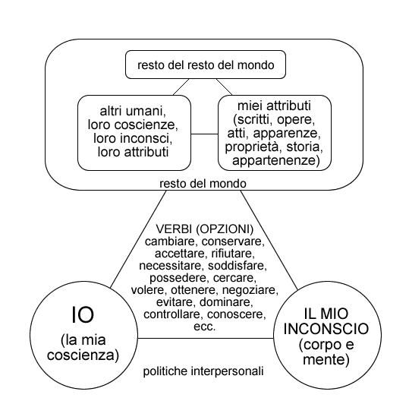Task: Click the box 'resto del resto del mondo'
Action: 206,65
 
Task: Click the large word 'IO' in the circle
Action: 83,315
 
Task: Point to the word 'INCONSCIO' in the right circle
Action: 326,329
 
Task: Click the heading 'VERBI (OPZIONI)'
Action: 205,229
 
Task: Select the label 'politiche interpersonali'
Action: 203,371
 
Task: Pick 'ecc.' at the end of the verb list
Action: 205,327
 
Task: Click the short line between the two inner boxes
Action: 205,134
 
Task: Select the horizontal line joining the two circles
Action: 206,339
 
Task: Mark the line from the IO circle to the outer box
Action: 138,239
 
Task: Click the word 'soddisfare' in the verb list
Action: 236,266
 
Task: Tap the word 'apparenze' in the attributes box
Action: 285,134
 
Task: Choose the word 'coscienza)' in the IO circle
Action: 83,355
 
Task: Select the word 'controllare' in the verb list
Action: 171,314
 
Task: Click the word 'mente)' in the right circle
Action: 326,360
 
